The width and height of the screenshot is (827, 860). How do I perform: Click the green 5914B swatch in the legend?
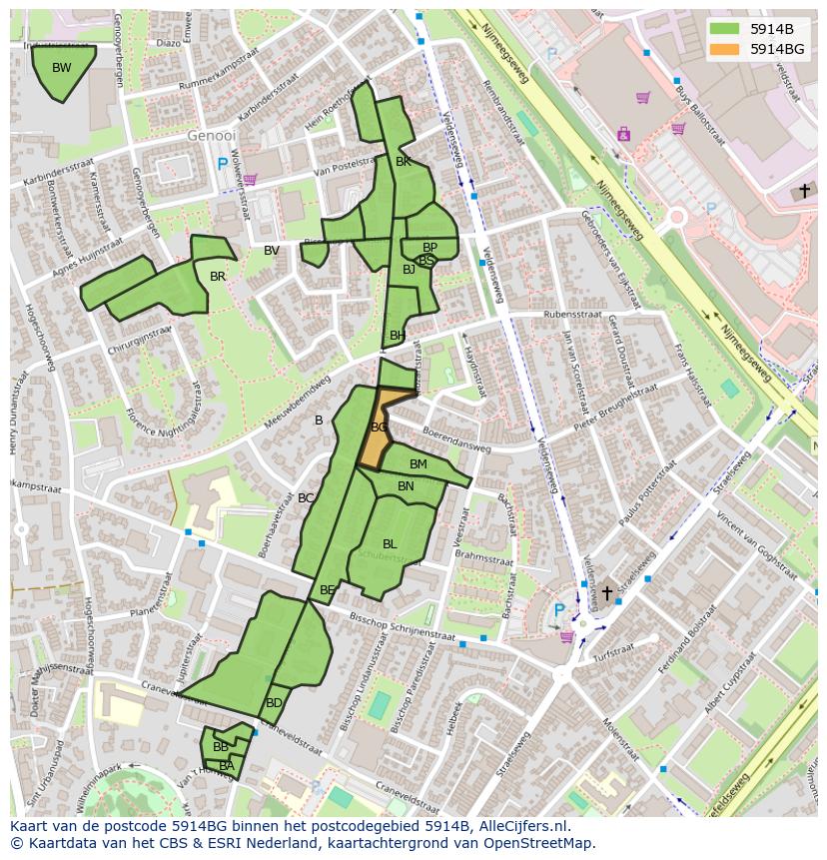pos(725,29)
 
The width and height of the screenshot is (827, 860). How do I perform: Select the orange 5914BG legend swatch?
pos(725,49)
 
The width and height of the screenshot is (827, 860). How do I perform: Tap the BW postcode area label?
pos(62,68)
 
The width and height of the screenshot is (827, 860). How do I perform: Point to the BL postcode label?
pos(390,544)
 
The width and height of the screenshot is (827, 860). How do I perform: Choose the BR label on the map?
pos(218,277)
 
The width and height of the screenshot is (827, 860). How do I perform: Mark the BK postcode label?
pos(404,162)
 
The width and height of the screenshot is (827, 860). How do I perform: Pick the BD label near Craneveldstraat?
pos(274,703)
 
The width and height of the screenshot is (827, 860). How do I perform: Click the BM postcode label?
pos(418,464)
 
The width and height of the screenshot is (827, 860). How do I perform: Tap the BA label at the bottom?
pos(227,766)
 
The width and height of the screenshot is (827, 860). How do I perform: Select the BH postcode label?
pos(398,336)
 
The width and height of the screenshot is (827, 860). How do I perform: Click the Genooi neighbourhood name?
pos(212,135)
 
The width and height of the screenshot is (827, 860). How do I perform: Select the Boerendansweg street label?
pos(455,440)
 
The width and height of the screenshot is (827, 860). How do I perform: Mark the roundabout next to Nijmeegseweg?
pos(677,216)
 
